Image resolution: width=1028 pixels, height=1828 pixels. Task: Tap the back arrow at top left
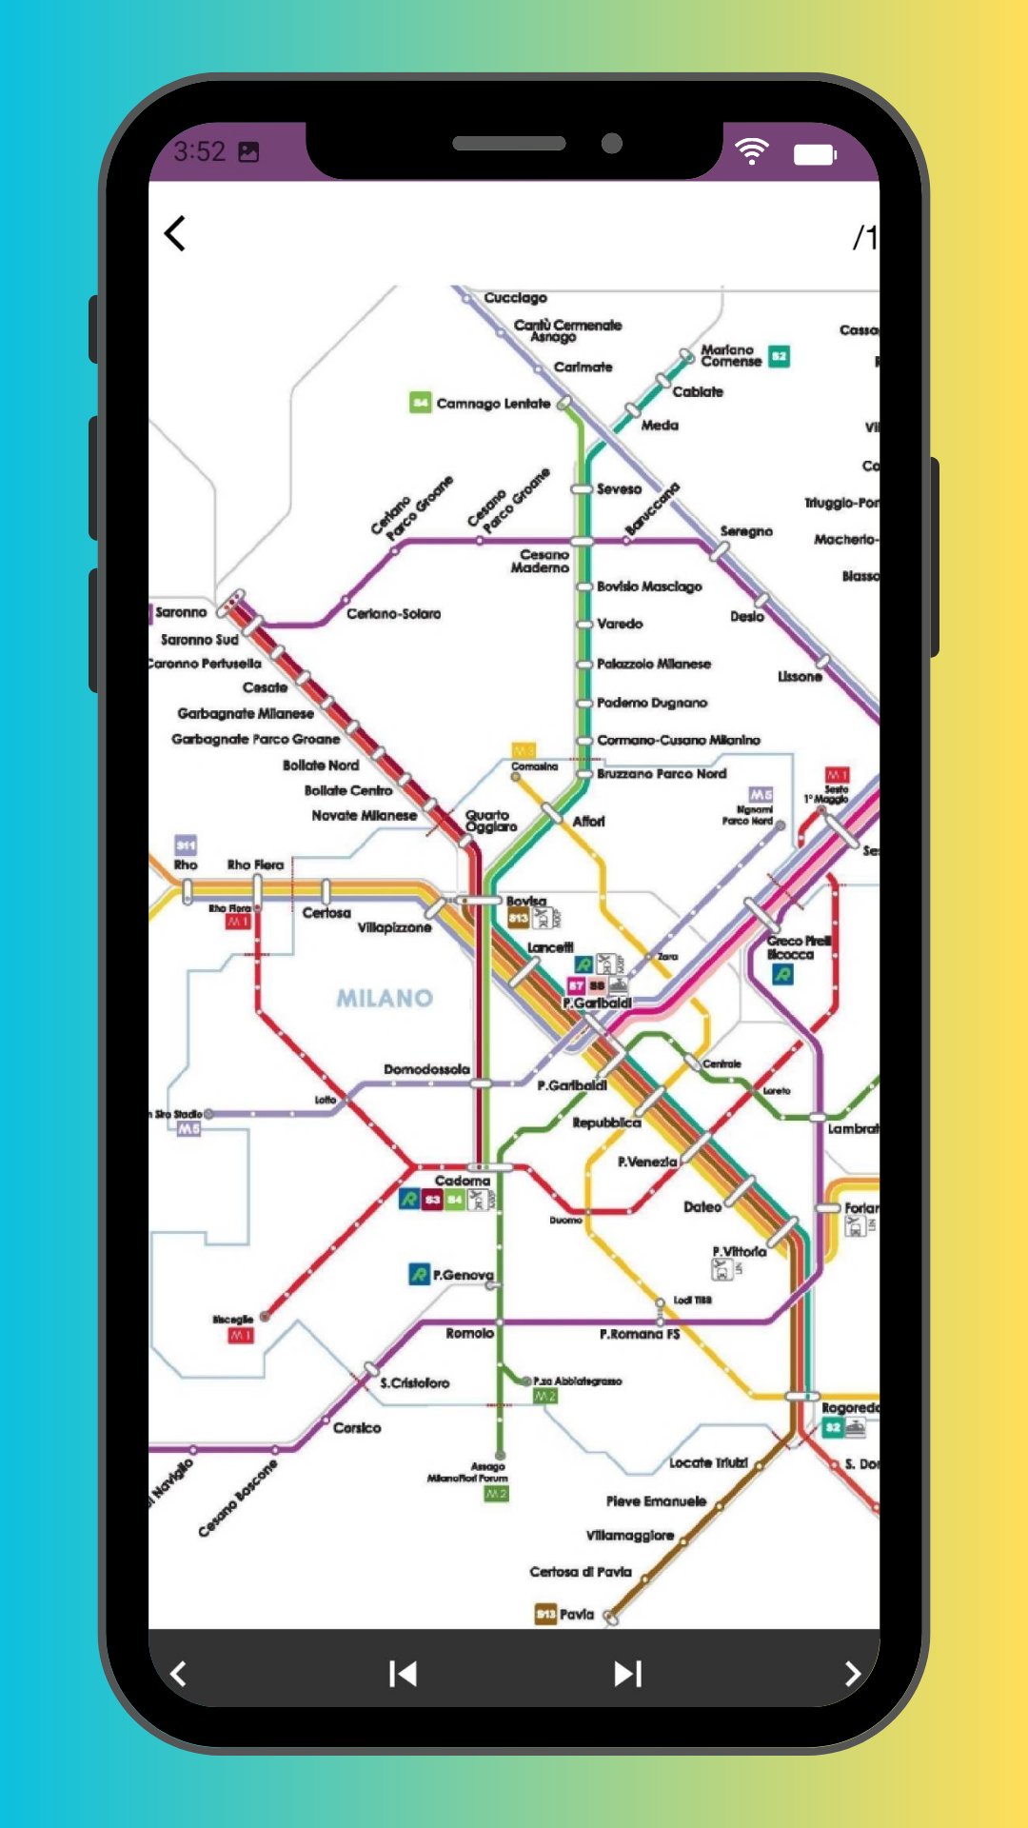click(x=175, y=233)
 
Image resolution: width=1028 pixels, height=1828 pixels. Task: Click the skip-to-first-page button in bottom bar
click(x=403, y=1673)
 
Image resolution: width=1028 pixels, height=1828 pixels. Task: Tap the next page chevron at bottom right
click(x=852, y=1673)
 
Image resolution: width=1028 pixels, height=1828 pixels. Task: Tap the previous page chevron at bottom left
click(x=178, y=1673)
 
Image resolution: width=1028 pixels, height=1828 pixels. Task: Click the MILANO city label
click(x=385, y=998)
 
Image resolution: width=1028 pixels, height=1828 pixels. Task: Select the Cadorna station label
click(x=463, y=1181)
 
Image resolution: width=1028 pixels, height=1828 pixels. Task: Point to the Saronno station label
click(x=181, y=612)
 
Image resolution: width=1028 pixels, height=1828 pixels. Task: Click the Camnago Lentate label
click(x=493, y=404)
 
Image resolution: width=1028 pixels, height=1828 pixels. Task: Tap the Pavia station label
click(x=577, y=1614)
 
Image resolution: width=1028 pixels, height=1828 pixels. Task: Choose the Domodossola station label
click(x=426, y=1069)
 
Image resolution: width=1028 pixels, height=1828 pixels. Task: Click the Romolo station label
click(x=469, y=1333)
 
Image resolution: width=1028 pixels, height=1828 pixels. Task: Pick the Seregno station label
click(x=746, y=531)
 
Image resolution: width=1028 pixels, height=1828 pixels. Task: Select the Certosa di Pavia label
click(x=581, y=1572)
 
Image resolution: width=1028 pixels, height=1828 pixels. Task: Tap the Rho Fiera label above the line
click(x=255, y=864)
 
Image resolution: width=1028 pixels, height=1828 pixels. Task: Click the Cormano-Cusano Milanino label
click(x=679, y=740)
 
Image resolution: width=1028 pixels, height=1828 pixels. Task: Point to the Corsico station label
click(x=357, y=1427)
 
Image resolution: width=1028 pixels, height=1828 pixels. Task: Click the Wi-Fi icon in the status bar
click(x=752, y=151)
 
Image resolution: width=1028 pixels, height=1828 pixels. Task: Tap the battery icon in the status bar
click(x=815, y=154)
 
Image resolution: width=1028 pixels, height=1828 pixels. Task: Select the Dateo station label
click(x=702, y=1206)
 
